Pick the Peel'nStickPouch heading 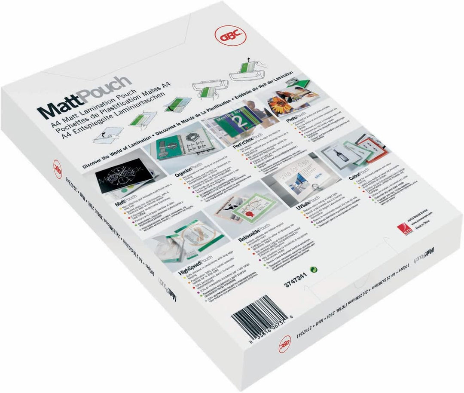click(244, 148)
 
